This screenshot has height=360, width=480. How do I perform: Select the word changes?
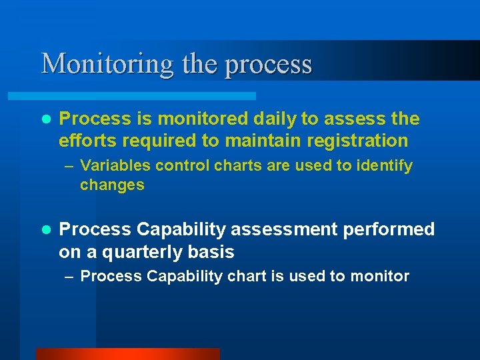point(112,185)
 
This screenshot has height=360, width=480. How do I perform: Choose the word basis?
point(211,252)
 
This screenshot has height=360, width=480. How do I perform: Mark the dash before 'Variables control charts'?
point(69,166)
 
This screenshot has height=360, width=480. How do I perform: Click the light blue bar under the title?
point(147,96)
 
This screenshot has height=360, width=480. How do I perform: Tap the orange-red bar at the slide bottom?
point(127,354)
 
